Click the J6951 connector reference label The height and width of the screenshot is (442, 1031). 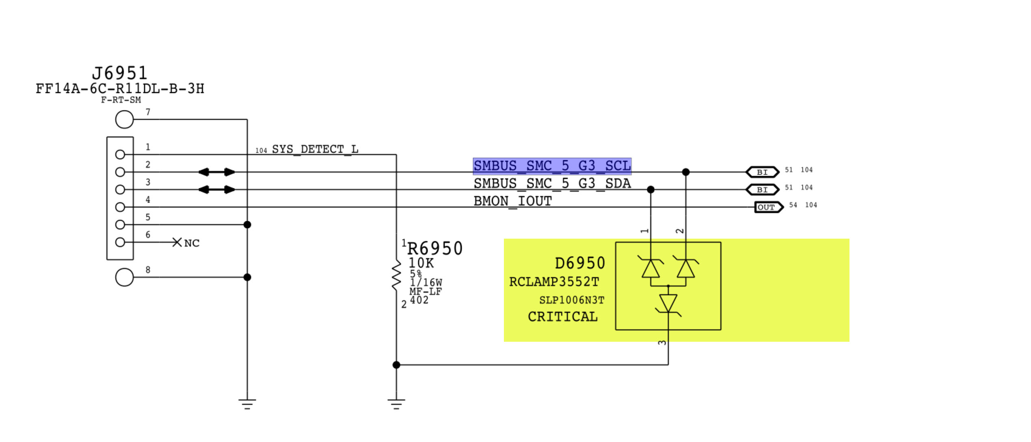119,73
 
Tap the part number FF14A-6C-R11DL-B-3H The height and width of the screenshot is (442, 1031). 120,89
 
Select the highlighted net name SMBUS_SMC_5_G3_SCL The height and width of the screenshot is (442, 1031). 552,166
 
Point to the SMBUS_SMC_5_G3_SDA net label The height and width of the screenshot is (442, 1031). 552,183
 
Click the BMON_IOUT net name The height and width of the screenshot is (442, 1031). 512,201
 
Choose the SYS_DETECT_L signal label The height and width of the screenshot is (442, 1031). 315,149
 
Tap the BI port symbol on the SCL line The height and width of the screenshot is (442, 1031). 762,172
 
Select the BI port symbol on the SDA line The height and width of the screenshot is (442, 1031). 762,190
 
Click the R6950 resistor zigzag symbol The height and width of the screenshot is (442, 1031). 396,276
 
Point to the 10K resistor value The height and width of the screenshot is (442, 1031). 421,263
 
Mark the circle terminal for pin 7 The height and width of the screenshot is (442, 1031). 124,120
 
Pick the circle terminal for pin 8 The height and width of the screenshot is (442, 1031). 124,277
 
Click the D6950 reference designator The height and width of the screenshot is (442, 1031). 579,263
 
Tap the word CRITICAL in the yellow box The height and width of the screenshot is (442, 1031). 562,317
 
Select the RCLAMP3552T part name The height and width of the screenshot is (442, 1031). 554,282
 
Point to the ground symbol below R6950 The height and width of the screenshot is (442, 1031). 396,403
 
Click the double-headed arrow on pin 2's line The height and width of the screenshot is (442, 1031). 216,172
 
